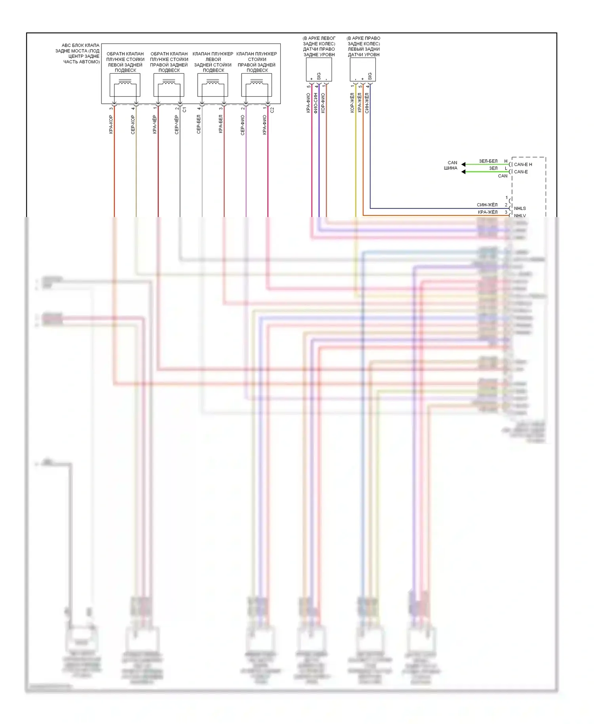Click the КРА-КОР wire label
click(x=111, y=124)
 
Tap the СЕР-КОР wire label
click(x=133, y=124)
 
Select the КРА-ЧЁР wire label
click(x=155, y=124)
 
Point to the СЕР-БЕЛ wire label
click(x=199, y=124)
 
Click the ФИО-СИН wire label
click(x=316, y=103)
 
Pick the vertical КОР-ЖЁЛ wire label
click(x=352, y=103)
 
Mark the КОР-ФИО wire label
click(x=323, y=103)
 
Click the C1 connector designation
click(x=185, y=110)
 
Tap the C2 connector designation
click(x=272, y=110)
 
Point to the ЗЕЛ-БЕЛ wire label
click(x=488, y=161)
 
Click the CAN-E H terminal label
click(x=523, y=164)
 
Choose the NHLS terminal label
click(x=520, y=208)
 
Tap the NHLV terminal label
click(x=520, y=215)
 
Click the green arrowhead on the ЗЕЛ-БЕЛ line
click(x=463, y=164)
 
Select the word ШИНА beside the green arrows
click(x=451, y=168)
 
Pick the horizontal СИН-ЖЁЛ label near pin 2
click(x=487, y=205)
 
